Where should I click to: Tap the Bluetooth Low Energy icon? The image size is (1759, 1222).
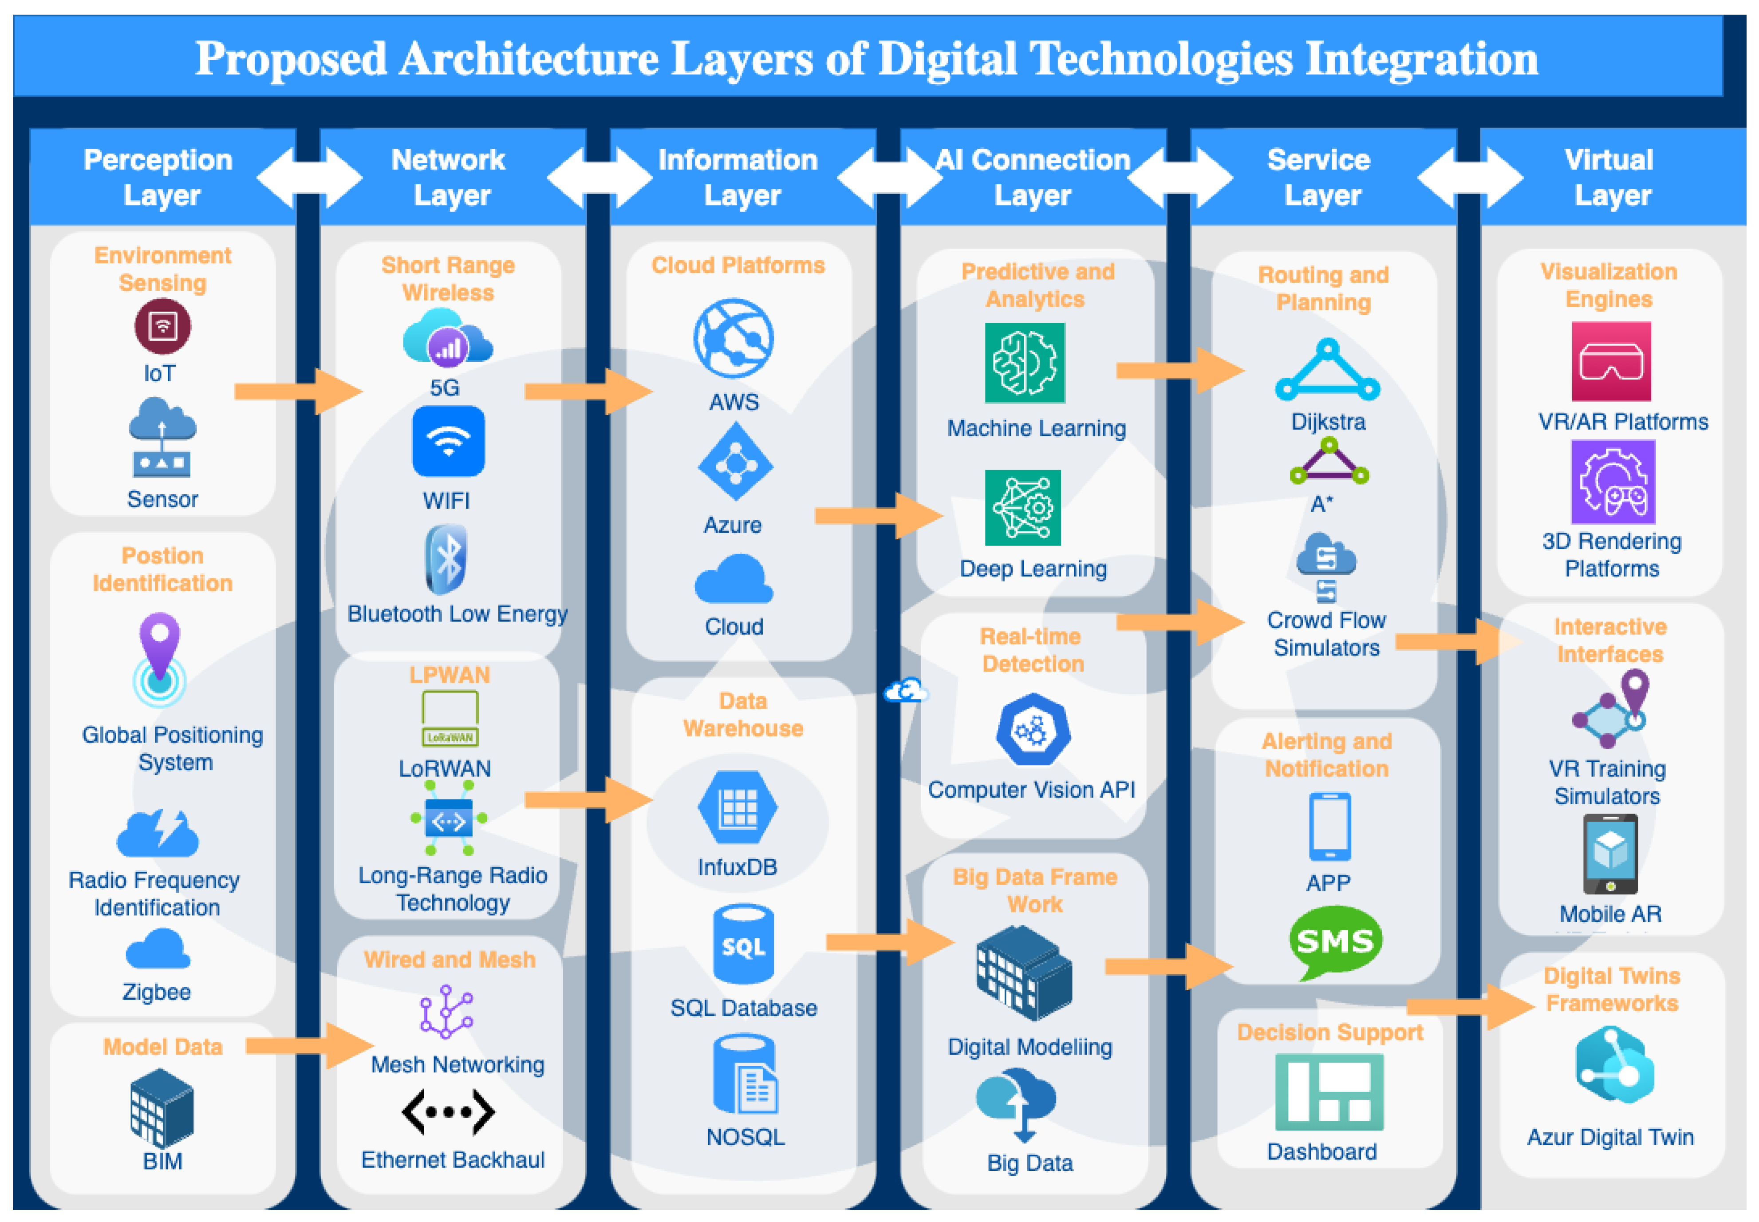point(446,560)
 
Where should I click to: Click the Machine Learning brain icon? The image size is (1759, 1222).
point(1024,363)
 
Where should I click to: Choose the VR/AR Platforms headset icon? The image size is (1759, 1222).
point(1610,361)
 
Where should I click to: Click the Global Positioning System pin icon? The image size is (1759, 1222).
point(159,658)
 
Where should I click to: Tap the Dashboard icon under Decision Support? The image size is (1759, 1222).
point(1329,1092)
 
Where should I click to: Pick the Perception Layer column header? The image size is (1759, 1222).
point(159,177)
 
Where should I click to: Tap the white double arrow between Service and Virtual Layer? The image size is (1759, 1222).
point(1470,178)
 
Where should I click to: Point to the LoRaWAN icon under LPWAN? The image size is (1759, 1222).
point(450,718)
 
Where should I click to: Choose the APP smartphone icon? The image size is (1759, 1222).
point(1329,827)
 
